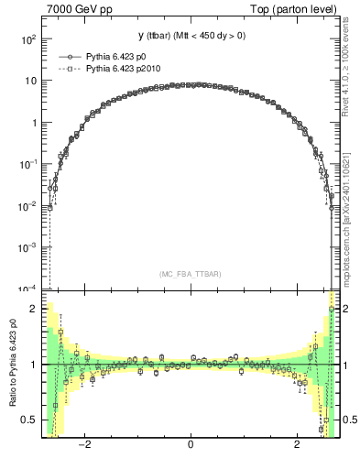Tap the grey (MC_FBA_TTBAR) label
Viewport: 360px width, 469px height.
pyautogui.click(x=190, y=274)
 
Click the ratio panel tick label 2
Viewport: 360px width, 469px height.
pyautogui.click(x=33, y=309)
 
